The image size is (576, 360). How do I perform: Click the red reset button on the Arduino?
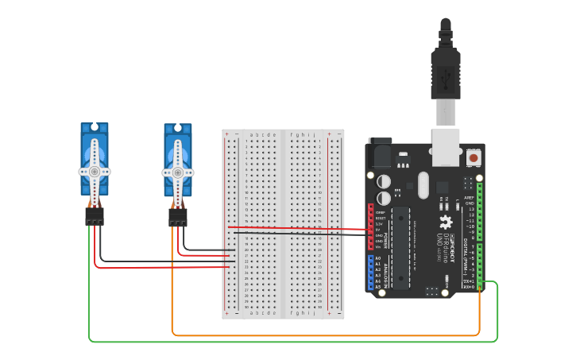pos(474,157)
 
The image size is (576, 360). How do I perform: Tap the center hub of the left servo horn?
pos(95,171)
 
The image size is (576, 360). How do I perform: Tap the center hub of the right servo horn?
pos(178,171)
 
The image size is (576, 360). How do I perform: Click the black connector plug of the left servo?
pos(95,216)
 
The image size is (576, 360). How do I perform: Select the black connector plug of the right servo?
pos(178,216)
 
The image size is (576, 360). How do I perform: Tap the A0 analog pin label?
pos(377,258)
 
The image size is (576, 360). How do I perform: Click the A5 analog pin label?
pos(377,287)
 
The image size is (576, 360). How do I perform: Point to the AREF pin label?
pos(470,197)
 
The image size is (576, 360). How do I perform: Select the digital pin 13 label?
pos(470,208)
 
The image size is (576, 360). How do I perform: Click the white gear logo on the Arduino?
pos(446,223)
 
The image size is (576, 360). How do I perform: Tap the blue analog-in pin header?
pos(370,273)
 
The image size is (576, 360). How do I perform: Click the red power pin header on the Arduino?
pos(370,227)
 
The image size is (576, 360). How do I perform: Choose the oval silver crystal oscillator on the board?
pos(423,185)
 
